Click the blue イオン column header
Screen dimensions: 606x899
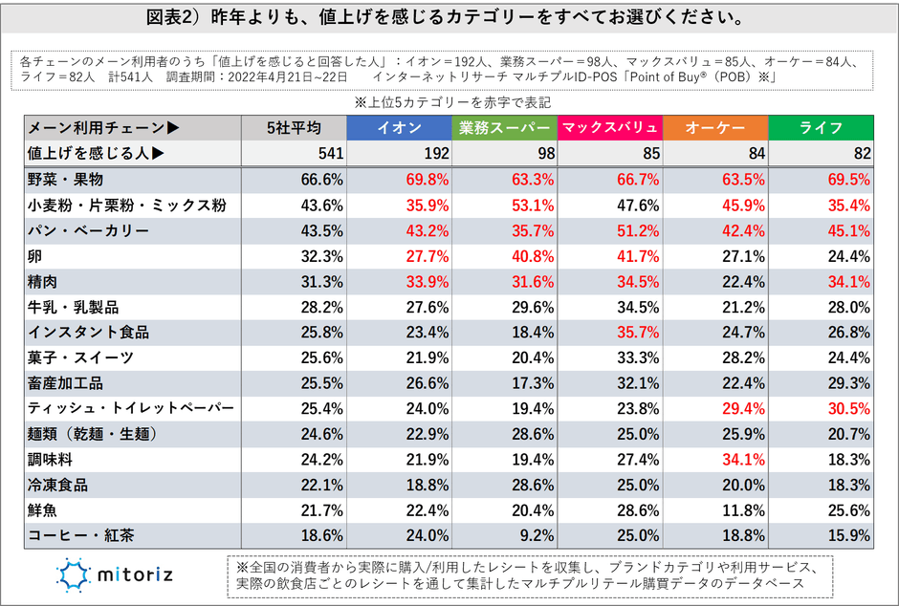(x=399, y=128)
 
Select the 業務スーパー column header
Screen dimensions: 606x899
(x=504, y=128)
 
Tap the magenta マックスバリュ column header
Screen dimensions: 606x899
(x=609, y=128)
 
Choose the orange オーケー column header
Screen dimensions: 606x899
(x=715, y=128)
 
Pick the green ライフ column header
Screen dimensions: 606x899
(x=821, y=128)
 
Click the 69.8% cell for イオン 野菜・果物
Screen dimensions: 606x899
(x=427, y=180)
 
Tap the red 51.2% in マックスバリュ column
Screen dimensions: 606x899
(x=637, y=231)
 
